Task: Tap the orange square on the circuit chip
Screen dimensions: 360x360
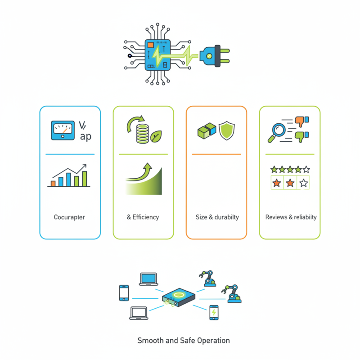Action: point(150,45)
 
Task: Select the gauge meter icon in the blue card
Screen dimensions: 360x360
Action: point(63,130)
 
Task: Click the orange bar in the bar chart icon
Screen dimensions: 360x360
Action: point(53,183)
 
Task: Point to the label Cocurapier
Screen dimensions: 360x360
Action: point(69,217)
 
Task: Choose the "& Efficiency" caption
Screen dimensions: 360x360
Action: point(143,217)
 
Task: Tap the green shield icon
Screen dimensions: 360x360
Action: point(226,130)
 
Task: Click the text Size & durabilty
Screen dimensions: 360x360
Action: point(217,217)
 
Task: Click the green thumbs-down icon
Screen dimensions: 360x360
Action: point(300,135)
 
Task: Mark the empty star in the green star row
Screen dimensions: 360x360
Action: point(306,170)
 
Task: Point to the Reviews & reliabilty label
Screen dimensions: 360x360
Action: point(291,217)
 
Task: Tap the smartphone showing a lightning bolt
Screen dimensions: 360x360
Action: point(214,312)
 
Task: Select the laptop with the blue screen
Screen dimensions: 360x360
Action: point(148,279)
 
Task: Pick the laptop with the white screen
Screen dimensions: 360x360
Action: point(138,313)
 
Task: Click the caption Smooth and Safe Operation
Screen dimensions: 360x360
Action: point(183,340)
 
